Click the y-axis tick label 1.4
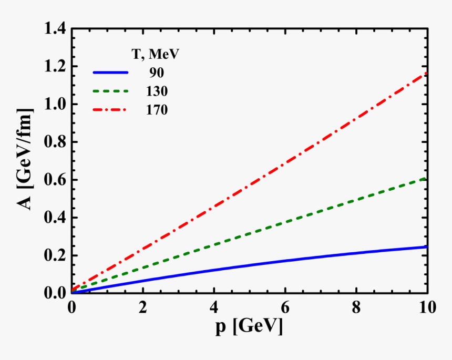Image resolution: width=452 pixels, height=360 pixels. tap(55, 29)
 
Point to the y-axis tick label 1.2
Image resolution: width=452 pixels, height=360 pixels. tap(55, 67)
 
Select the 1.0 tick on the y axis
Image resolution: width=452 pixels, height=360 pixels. tap(55, 105)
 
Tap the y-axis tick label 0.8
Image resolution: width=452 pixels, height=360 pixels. tap(55, 142)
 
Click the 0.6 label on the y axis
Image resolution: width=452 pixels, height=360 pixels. tap(55, 180)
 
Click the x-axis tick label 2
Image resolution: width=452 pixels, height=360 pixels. tap(142, 307)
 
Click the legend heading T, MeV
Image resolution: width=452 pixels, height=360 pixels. tap(156, 54)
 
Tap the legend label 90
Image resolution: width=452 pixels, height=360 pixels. tap(157, 73)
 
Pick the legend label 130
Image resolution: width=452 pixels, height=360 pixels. tap(157, 91)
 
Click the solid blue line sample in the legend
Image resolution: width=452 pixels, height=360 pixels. tap(110, 72)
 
